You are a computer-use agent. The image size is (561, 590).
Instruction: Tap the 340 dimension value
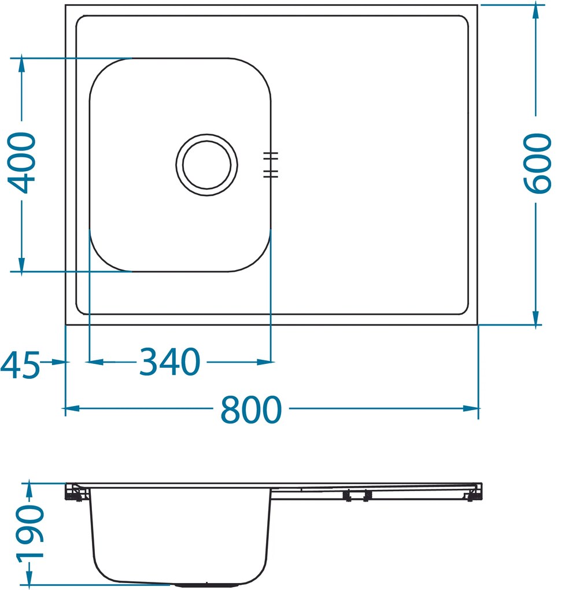point(169,363)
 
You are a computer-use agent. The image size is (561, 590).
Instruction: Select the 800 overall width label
point(251,410)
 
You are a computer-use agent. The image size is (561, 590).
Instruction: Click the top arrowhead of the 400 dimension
point(21,63)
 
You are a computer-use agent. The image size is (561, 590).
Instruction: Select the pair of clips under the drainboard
point(357,496)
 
